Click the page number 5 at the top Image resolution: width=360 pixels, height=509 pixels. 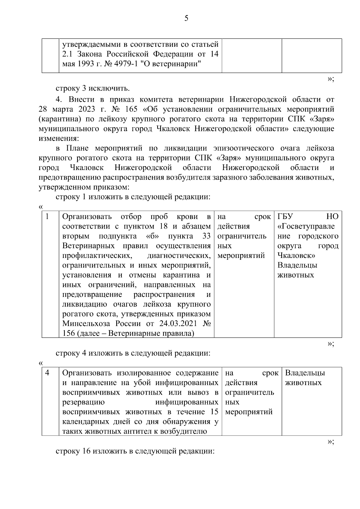tap(186, 18)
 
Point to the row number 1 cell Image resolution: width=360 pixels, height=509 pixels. tap(47, 217)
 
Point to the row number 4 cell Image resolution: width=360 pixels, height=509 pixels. tap(47, 373)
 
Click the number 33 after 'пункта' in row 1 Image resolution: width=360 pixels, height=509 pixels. tap(206, 236)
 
